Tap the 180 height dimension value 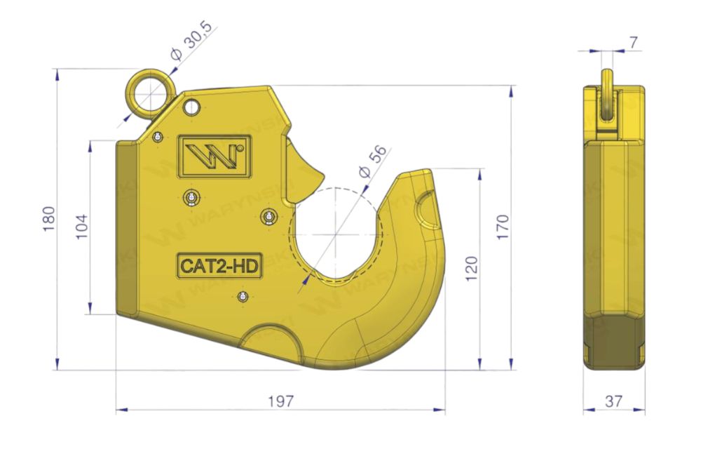(49, 219)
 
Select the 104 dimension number (82, 227)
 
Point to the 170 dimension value (503, 227)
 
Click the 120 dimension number (472, 269)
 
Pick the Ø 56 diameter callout (372, 162)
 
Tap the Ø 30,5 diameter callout (191, 46)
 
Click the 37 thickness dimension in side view (613, 401)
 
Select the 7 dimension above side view (633, 43)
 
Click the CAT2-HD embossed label (219, 266)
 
